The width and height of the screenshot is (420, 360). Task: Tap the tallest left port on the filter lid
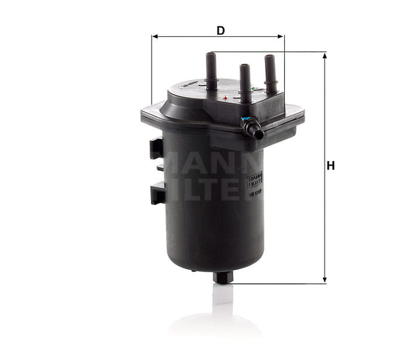pos(211,70)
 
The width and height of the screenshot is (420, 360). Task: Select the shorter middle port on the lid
pos(245,82)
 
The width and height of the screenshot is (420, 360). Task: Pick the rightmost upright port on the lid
pos(270,72)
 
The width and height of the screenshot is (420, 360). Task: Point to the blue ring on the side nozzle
pos(247,121)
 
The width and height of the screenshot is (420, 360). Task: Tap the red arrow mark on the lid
pos(225,98)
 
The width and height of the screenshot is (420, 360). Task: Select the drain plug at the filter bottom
pos(223,277)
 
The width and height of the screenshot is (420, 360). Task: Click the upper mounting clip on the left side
pos(156,148)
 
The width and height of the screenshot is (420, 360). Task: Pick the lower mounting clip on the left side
pos(157,193)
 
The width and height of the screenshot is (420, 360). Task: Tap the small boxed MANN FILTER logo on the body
pos(255,180)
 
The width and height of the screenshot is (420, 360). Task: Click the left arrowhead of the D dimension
pos(155,37)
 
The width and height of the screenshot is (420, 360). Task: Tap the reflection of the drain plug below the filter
pos(223,296)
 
